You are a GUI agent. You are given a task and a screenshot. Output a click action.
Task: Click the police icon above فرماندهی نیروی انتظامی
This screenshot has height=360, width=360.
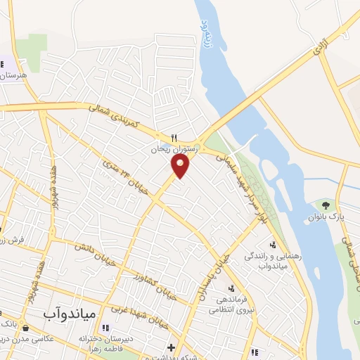tap(231, 287)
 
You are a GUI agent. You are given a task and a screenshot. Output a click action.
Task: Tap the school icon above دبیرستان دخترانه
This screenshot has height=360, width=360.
tap(106, 327)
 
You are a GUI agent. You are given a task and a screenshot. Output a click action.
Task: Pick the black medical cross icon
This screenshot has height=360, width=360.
tap(171, 347)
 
